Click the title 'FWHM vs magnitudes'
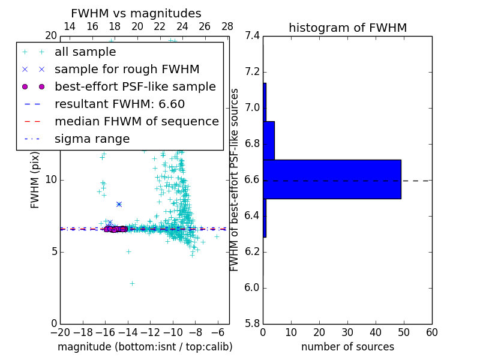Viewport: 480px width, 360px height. pos(136,14)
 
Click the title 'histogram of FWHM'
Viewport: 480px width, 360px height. pos(347,28)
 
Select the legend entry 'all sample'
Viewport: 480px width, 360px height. pos(85,52)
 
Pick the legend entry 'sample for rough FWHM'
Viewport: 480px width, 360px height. pos(127,70)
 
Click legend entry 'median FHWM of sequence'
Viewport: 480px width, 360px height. pos(136,122)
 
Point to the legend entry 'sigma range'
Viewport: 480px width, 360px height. pos(92,139)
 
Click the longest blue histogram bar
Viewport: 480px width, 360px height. pos(332,179)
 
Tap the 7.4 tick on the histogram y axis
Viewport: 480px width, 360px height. pos(253,36)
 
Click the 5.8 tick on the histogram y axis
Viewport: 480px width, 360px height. pos(253,323)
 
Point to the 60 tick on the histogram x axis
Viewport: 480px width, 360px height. pos(431,332)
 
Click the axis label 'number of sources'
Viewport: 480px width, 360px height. pos(347,347)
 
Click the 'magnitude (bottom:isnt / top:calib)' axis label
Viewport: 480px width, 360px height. pos(145,347)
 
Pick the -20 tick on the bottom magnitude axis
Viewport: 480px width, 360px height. pos(60,332)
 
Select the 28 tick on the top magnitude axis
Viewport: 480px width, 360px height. pos(227,26)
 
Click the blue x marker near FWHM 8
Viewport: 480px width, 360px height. pos(119,205)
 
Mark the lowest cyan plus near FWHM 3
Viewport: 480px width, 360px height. pos(132,283)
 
